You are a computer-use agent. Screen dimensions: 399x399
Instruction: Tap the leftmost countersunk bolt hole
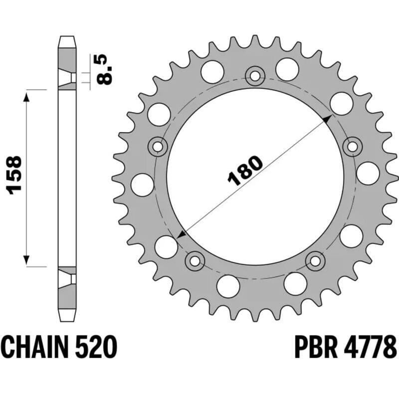click(158, 146)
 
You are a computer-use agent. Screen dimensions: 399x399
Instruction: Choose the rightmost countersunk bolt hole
click(353, 146)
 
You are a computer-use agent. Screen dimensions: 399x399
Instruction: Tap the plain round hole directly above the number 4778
click(352, 235)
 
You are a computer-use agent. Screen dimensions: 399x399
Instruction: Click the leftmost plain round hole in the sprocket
click(142, 185)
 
